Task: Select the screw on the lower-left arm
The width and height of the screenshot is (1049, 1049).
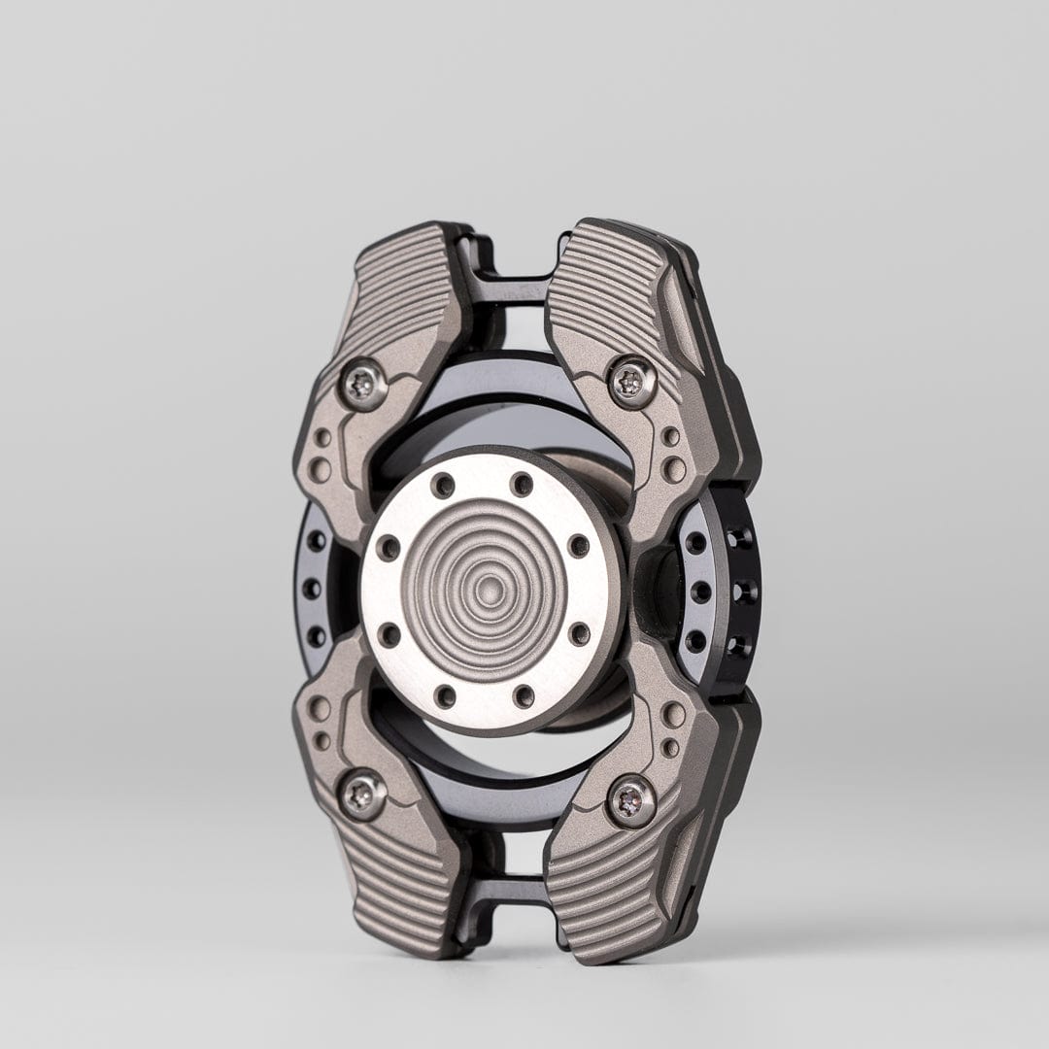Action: pyautogui.click(x=363, y=795)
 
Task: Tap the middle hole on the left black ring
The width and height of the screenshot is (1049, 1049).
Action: pyautogui.click(x=312, y=588)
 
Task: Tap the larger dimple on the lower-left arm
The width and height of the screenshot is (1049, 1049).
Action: pyautogui.click(x=319, y=708)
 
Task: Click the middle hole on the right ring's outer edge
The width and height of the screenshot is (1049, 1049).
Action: pyautogui.click(x=744, y=591)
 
